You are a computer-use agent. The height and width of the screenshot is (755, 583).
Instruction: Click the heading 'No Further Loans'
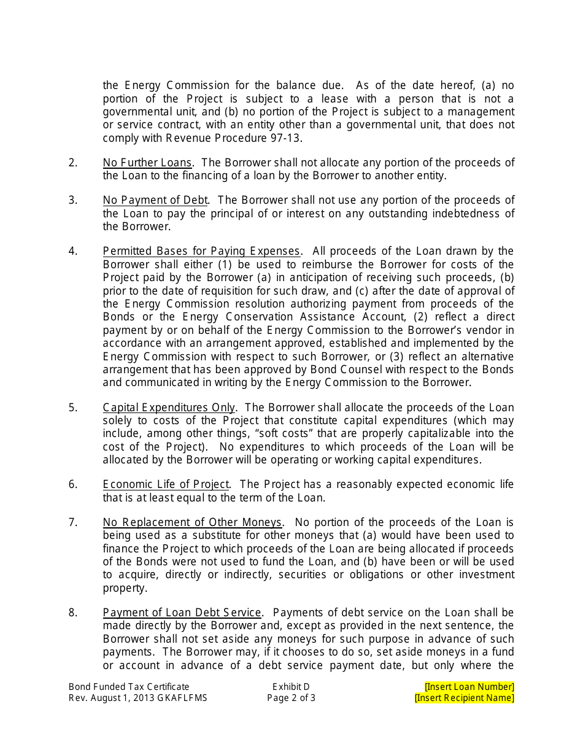pyautogui.click(x=147, y=163)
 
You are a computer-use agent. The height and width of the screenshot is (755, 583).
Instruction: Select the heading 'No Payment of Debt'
pyautogui.click(x=155, y=200)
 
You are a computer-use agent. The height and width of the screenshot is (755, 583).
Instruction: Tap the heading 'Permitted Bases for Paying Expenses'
pyautogui.click(x=201, y=251)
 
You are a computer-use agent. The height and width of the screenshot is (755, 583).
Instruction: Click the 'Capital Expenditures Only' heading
pyautogui.click(x=169, y=408)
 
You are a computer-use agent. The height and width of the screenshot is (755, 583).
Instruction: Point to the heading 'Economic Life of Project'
pyautogui.click(x=166, y=484)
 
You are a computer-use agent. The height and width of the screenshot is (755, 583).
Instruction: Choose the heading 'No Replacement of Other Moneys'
pyautogui.click(x=192, y=522)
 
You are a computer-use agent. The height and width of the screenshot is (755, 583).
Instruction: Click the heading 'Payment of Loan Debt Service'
pyautogui.click(x=182, y=613)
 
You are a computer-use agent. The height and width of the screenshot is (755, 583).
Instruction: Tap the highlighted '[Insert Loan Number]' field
pyautogui.click(x=469, y=687)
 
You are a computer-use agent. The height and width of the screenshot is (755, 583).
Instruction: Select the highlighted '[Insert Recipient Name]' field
pyautogui.click(x=465, y=698)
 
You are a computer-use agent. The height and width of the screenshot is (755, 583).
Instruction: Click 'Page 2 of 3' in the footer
pyautogui.click(x=291, y=698)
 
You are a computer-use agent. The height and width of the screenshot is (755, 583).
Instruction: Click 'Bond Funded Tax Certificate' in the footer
pyautogui.click(x=129, y=687)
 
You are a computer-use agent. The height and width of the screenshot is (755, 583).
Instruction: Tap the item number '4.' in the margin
pyautogui.click(x=73, y=251)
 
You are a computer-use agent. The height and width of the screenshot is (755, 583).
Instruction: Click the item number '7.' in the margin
pyautogui.click(x=73, y=522)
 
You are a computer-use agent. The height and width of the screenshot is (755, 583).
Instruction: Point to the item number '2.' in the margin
pyautogui.click(x=73, y=163)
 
